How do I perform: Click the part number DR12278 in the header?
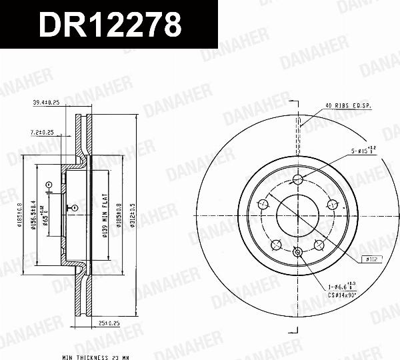click(x=110, y=25)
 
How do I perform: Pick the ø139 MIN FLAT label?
click(x=105, y=213)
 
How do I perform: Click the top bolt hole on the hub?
click(x=298, y=178)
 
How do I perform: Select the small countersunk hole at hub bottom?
click(x=298, y=251)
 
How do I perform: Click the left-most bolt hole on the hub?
click(x=263, y=203)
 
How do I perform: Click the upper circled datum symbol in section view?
click(x=47, y=184)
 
